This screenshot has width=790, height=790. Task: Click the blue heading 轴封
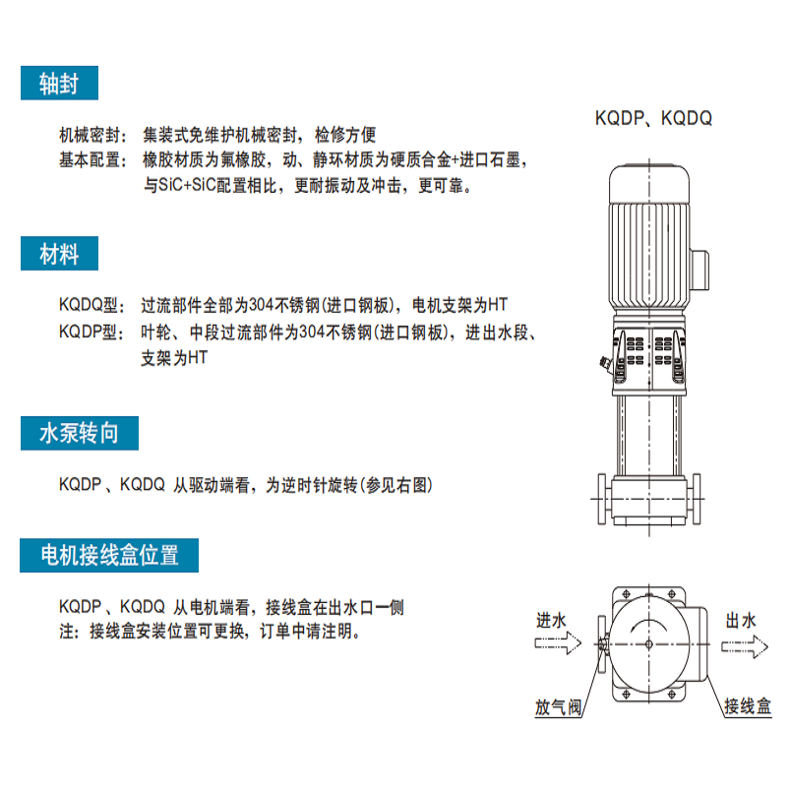pyautogui.click(x=59, y=83)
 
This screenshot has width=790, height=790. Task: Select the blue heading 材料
pyautogui.click(x=59, y=254)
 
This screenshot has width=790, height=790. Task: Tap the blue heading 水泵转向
pyautogui.click(x=80, y=433)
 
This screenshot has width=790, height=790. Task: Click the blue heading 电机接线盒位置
pyautogui.click(x=109, y=555)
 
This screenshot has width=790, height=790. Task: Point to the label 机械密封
pyautogui.click(x=90, y=135)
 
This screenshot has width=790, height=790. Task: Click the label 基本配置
pyautogui.click(x=90, y=160)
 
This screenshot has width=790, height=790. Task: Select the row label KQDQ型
pyautogui.click(x=89, y=305)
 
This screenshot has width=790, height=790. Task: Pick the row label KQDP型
pyautogui.click(x=89, y=332)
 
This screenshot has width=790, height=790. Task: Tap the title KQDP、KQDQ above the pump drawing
pyautogui.click(x=653, y=118)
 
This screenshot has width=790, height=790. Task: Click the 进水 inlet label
pyautogui.click(x=551, y=621)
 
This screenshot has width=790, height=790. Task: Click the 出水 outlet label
pyautogui.click(x=741, y=621)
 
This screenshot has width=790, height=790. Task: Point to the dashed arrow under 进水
pyautogui.click(x=558, y=643)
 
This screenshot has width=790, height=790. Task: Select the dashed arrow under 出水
pyautogui.click(x=745, y=647)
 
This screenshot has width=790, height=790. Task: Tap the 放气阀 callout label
pyautogui.click(x=558, y=707)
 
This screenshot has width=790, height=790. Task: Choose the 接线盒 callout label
pyautogui.click(x=748, y=706)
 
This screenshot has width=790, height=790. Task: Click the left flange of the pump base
pyautogui.click(x=602, y=499)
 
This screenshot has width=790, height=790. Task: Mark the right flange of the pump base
pyautogui.click(x=697, y=499)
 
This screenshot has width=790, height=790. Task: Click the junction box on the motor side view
pyautogui.click(x=699, y=270)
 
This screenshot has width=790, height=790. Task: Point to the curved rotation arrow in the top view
pyautogui.click(x=649, y=625)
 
